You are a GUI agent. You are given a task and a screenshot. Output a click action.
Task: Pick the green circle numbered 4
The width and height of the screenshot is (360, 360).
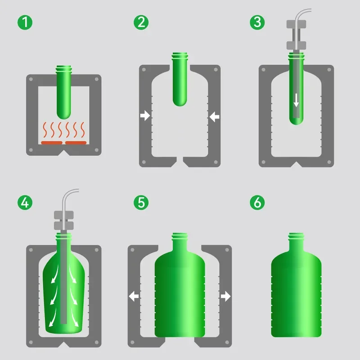tap(25, 202)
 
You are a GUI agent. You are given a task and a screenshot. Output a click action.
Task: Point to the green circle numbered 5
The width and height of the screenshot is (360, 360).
tap(141, 202)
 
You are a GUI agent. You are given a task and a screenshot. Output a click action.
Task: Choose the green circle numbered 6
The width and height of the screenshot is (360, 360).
tap(257, 202)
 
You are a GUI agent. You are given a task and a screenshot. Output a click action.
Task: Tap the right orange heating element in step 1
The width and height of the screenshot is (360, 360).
tap(76, 143)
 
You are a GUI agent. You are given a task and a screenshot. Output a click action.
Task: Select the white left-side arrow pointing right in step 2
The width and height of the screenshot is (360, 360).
tap(145, 117)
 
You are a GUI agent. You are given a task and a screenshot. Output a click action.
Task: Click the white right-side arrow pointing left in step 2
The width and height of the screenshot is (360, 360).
tap(214, 117)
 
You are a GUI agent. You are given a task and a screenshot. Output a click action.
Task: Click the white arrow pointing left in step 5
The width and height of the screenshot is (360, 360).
tap(134, 296)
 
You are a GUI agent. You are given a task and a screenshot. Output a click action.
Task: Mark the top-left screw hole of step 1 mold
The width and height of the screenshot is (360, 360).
tap(31, 79)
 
